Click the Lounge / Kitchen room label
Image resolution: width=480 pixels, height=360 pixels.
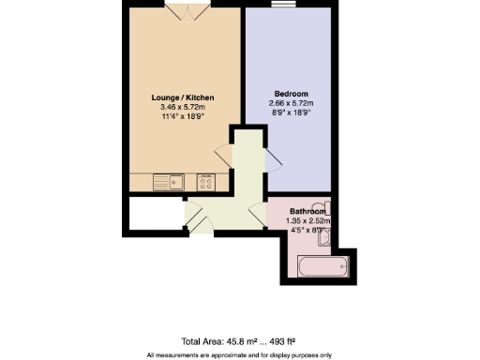click(x=183, y=97)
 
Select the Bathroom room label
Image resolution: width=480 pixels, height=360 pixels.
click(x=307, y=211)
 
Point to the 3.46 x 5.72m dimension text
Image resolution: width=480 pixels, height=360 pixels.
click(x=183, y=108)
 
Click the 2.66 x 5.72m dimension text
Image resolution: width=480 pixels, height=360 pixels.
click(x=291, y=103)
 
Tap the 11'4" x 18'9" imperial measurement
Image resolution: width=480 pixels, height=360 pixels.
click(x=183, y=118)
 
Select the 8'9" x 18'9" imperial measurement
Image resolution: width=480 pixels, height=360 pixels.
click(x=291, y=113)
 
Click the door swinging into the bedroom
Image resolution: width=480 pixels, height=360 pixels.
click(x=273, y=158)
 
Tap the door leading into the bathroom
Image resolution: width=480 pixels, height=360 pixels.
click(x=258, y=212)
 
